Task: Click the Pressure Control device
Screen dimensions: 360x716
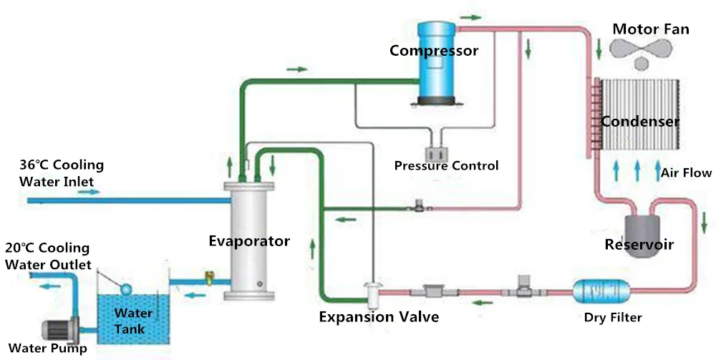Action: tap(435, 152)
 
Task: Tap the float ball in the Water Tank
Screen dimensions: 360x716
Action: tap(126, 288)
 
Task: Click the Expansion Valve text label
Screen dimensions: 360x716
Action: tap(379, 317)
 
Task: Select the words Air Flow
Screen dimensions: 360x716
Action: tap(685, 172)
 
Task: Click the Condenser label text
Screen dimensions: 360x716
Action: tap(639, 122)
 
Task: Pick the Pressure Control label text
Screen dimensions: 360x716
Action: tap(446, 166)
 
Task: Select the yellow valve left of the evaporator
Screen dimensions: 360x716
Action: tap(209, 275)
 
